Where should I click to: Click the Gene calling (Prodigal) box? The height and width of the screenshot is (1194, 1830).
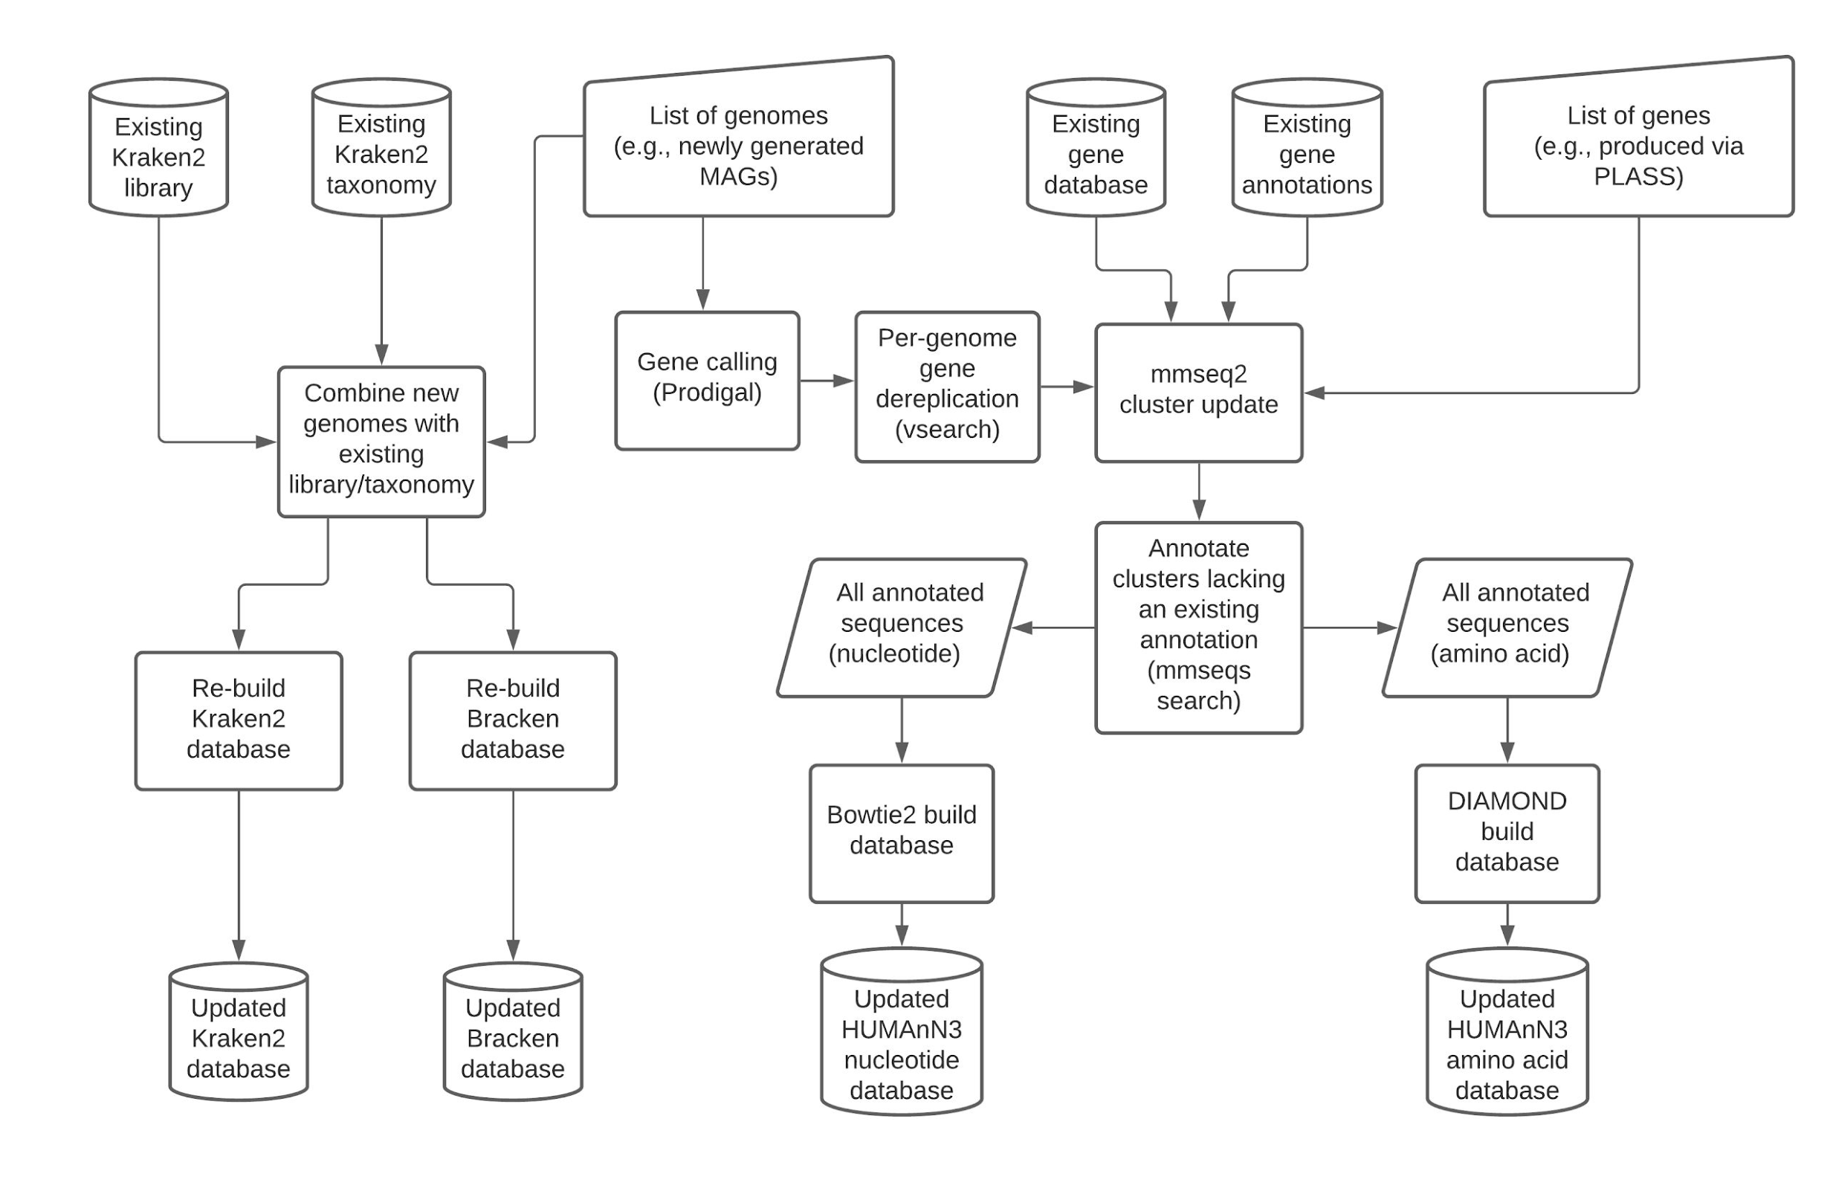707,381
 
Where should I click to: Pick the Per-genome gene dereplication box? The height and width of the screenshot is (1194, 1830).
946,384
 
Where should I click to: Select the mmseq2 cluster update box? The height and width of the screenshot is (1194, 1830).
1198,392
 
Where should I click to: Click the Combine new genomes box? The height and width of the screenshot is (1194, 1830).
381,441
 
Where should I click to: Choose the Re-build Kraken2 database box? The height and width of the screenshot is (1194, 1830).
239,720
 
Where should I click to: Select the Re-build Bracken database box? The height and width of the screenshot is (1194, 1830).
513,720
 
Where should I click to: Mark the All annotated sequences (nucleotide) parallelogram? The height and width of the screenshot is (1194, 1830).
901,627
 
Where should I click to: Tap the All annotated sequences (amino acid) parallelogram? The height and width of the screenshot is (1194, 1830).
1507,627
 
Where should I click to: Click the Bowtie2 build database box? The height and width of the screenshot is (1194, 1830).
901,832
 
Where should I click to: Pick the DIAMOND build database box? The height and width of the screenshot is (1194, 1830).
1507,832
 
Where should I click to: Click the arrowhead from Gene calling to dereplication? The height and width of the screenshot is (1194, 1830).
844,381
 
